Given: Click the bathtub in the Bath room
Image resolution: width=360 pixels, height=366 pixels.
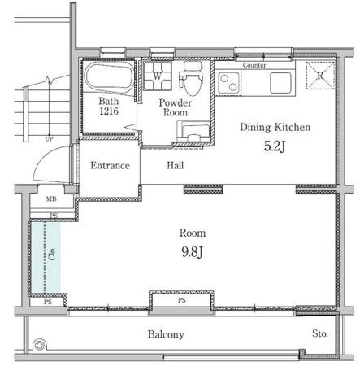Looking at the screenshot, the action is pyautogui.click(x=109, y=76).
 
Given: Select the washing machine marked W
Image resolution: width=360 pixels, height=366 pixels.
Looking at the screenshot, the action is pyautogui.click(x=157, y=76).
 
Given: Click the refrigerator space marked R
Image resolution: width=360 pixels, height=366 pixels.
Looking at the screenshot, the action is pyautogui.click(x=320, y=76).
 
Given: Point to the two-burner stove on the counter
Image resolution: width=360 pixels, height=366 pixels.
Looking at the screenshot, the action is pyautogui.click(x=229, y=83).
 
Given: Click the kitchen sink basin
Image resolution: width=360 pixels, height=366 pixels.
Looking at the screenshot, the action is pyautogui.click(x=280, y=83).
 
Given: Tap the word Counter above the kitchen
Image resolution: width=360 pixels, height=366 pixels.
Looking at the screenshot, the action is pyautogui.click(x=254, y=65).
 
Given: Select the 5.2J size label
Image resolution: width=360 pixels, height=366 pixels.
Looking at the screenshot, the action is pyautogui.click(x=275, y=146).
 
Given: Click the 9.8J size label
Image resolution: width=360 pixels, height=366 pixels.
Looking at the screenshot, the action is pyautogui.click(x=192, y=252).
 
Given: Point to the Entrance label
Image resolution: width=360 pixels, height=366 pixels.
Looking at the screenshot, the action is pyautogui.click(x=110, y=165).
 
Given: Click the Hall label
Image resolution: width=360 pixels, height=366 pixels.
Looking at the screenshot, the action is pyautogui.click(x=176, y=165).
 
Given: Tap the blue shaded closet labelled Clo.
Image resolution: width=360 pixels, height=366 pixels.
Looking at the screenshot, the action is pyautogui.click(x=46, y=257).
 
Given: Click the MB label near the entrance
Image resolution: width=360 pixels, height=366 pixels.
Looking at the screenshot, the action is pyautogui.click(x=51, y=199).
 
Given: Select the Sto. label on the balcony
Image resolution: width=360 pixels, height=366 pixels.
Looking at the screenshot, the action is pyautogui.click(x=320, y=333).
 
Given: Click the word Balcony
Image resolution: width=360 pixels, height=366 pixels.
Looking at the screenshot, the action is pyautogui.click(x=166, y=334).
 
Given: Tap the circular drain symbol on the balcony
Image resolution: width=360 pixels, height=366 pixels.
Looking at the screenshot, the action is pyautogui.click(x=40, y=345).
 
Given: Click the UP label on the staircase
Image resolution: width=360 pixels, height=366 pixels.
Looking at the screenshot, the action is pyautogui.click(x=49, y=139).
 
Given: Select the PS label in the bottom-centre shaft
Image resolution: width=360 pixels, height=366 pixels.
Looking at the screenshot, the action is pyautogui.click(x=182, y=300).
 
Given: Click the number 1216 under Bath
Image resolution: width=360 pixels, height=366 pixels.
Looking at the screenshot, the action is pyautogui.click(x=109, y=111).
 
